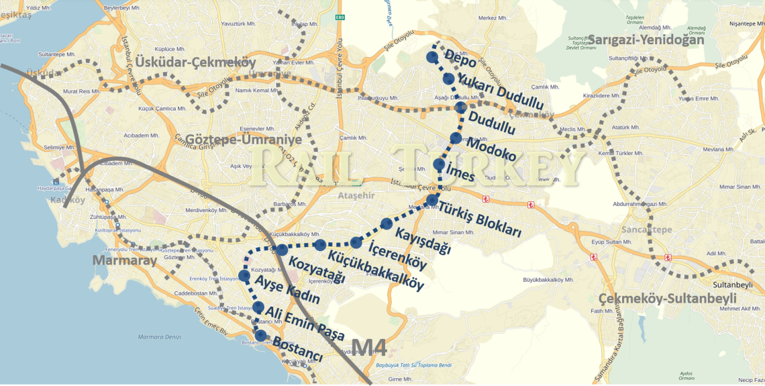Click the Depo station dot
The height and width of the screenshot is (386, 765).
(x=432, y=57)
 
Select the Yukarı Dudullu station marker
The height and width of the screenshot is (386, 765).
(x=448, y=79)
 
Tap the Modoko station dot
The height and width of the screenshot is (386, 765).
(x=456, y=138)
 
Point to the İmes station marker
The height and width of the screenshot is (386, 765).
(x=439, y=164)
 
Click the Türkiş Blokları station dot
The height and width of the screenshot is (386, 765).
(x=432, y=200)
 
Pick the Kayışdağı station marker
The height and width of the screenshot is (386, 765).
(x=387, y=224)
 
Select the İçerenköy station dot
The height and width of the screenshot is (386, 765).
(x=356, y=242)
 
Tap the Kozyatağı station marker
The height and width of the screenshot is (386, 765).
(x=282, y=250)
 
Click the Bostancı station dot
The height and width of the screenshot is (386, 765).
(x=260, y=335)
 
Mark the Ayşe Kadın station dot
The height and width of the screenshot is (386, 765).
(x=244, y=275)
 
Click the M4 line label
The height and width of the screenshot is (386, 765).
(x=369, y=347)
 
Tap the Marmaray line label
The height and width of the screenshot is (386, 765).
(x=120, y=260)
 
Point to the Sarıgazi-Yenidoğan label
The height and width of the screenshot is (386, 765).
(x=646, y=40)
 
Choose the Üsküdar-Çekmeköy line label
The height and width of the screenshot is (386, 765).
(x=195, y=62)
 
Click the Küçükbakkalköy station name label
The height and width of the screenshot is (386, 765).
(x=376, y=270)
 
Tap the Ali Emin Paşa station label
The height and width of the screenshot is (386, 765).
(x=305, y=324)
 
